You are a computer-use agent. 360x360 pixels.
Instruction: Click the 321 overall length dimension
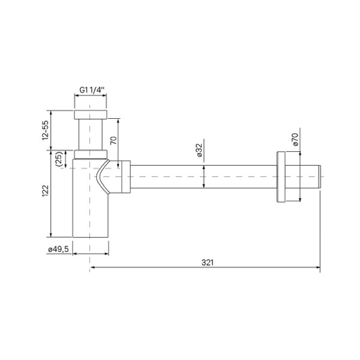(x=208, y=262)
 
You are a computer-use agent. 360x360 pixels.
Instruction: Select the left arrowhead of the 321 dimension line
(x=93, y=268)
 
